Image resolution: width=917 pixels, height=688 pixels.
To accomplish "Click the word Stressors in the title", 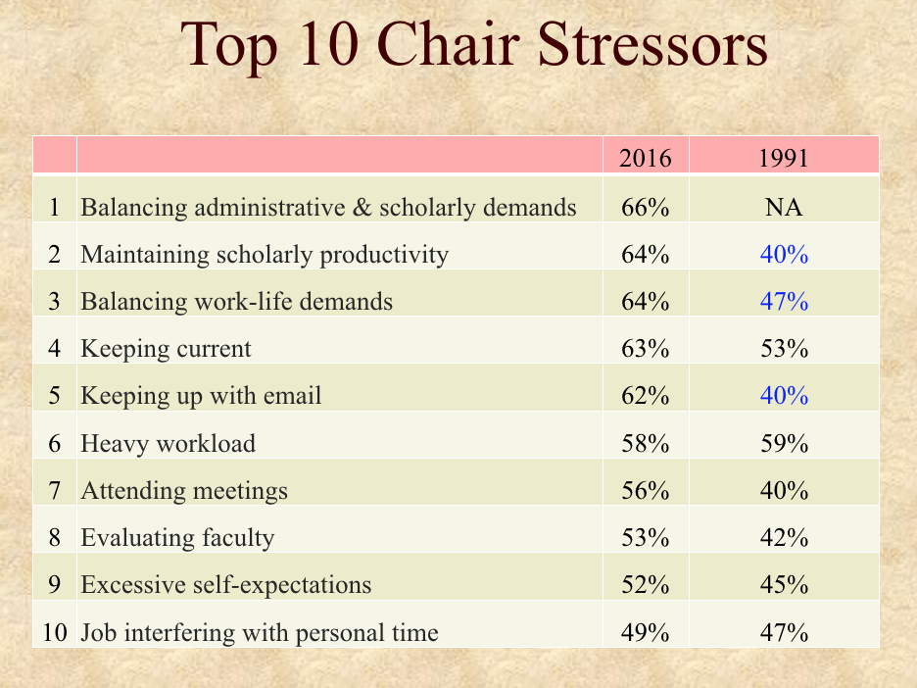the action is [x=652, y=44].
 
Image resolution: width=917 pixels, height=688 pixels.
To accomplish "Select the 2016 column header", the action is [x=645, y=158].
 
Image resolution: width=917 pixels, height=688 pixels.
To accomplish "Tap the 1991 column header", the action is [x=784, y=158].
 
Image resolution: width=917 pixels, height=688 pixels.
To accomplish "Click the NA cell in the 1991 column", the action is [x=784, y=207].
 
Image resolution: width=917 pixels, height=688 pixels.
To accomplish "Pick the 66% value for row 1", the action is [x=645, y=207].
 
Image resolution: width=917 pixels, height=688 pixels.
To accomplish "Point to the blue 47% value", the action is [x=784, y=301].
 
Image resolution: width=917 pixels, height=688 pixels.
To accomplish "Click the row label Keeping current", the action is [x=167, y=349].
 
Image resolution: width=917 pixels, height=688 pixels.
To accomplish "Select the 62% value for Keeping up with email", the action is [x=645, y=396].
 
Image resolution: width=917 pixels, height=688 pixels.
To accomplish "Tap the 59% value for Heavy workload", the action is [x=784, y=443].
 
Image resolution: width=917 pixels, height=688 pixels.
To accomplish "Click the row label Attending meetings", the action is [x=184, y=490].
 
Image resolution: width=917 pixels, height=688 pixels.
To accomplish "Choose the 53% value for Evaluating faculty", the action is [x=645, y=538].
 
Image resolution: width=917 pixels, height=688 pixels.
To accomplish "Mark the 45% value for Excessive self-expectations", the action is [x=784, y=584].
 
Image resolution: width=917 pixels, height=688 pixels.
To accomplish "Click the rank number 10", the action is [x=55, y=632].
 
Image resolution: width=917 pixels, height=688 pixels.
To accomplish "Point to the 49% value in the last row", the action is [x=645, y=632].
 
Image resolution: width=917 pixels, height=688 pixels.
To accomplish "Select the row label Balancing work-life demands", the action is [x=237, y=301].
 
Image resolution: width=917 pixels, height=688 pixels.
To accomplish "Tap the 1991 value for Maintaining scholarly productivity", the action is [x=784, y=255].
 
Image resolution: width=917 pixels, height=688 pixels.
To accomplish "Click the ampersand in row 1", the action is [x=362, y=207].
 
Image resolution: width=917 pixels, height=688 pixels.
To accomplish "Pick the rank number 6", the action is [x=55, y=443].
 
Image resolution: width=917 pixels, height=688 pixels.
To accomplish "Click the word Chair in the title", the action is [x=449, y=44].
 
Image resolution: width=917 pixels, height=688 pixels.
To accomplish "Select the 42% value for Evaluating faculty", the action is [x=784, y=538].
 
